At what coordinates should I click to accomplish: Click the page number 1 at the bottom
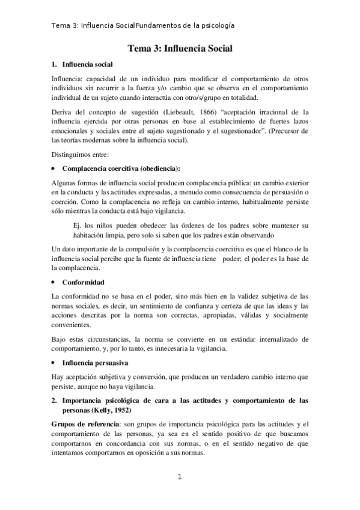[180, 478]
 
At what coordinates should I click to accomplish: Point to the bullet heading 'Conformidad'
[84, 281]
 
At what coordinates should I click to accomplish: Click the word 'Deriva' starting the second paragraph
[64, 111]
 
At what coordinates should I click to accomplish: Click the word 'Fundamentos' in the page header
[157, 26]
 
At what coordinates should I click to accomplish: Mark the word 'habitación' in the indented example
[90, 235]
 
